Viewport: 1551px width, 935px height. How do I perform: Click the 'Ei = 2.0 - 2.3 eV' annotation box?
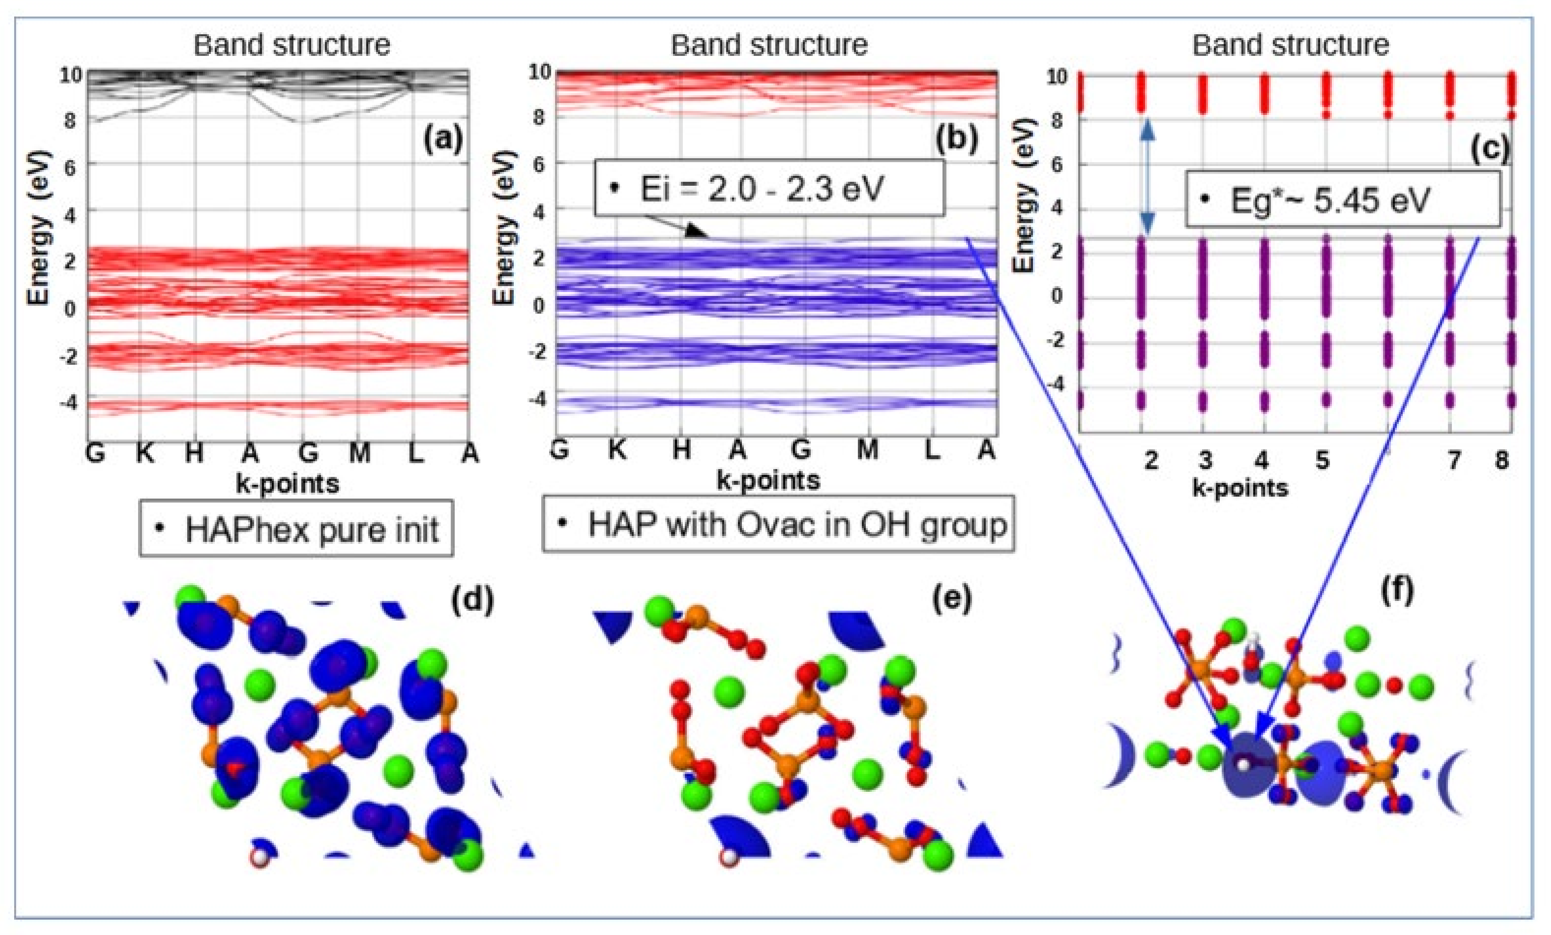tap(769, 188)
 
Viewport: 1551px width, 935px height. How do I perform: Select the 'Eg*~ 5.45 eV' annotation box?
tap(1343, 200)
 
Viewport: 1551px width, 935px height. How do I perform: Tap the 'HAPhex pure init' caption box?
tap(296, 529)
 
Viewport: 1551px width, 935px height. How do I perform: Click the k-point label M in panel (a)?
tap(360, 453)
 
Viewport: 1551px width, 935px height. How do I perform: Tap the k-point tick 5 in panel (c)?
tap(1322, 460)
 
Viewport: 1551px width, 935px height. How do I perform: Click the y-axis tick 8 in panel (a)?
tap(70, 120)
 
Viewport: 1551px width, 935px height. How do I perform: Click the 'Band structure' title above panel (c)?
tap(1290, 45)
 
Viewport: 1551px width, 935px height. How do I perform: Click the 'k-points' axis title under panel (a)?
tap(287, 484)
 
